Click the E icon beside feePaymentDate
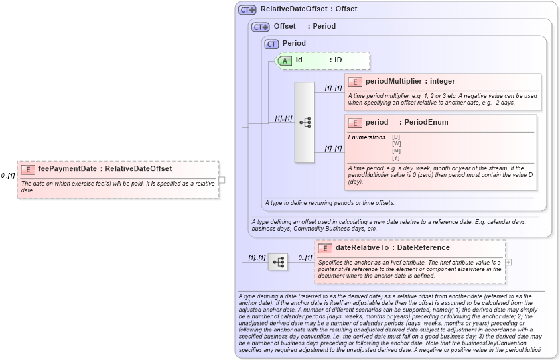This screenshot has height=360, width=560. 29,169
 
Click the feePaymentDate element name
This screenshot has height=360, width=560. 68,169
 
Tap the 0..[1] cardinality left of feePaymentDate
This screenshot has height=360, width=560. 8,176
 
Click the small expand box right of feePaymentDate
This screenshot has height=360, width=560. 222,179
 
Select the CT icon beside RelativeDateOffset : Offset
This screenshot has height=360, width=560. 247,10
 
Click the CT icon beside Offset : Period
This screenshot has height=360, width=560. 261,27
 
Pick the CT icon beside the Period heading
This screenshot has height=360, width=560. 271,44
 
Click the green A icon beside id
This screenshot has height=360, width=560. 285,60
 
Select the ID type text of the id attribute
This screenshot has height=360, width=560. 338,60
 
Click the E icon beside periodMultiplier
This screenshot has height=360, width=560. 355,82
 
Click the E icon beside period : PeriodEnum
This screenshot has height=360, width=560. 355,123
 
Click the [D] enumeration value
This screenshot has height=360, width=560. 396,137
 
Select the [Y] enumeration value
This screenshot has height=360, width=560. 396,158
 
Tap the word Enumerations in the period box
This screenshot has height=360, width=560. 366,137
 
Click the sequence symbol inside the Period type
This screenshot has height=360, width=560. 305,123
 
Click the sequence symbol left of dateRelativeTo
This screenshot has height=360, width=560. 278,263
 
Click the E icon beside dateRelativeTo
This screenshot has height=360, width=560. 325,248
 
